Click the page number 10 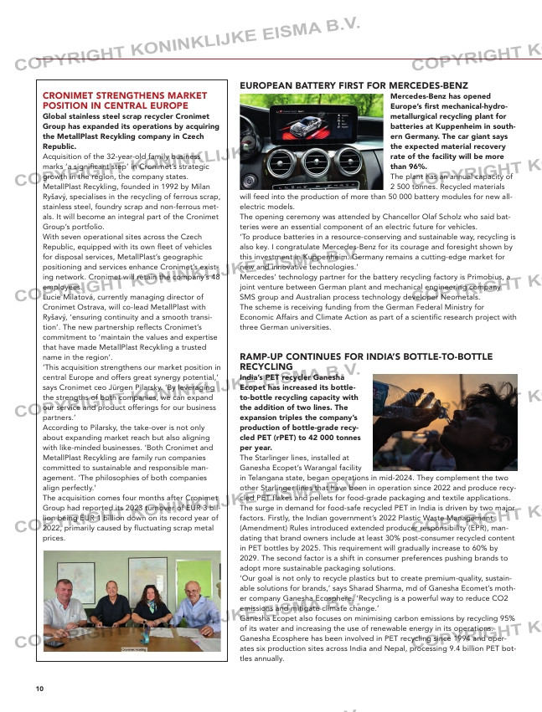point(39,689)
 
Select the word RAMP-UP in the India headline point(261,356)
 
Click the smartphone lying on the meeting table point(54,643)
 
